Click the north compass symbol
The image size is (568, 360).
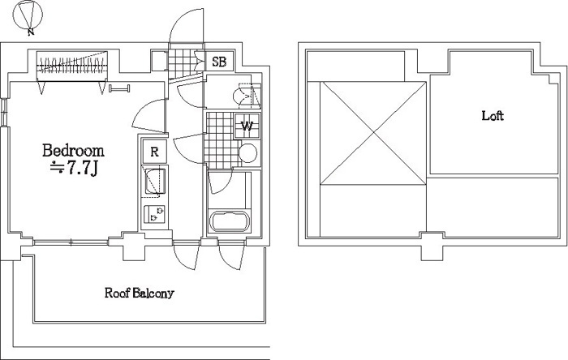point(28,16)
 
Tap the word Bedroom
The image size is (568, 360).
point(73,151)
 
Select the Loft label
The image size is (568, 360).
point(493,116)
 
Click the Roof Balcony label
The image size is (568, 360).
point(140,293)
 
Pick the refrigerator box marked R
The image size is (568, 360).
point(155,152)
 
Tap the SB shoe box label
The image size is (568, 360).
point(219,62)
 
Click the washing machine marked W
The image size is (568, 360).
point(247,126)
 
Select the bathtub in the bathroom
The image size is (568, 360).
point(230,221)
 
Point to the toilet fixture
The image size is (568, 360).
point(247,96)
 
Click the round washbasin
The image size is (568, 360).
point(248,153)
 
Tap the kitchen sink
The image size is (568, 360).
point(155,181)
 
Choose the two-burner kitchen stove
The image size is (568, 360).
point(155,214)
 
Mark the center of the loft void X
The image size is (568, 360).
point(373,133)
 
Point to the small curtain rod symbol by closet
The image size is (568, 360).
point(119,88)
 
